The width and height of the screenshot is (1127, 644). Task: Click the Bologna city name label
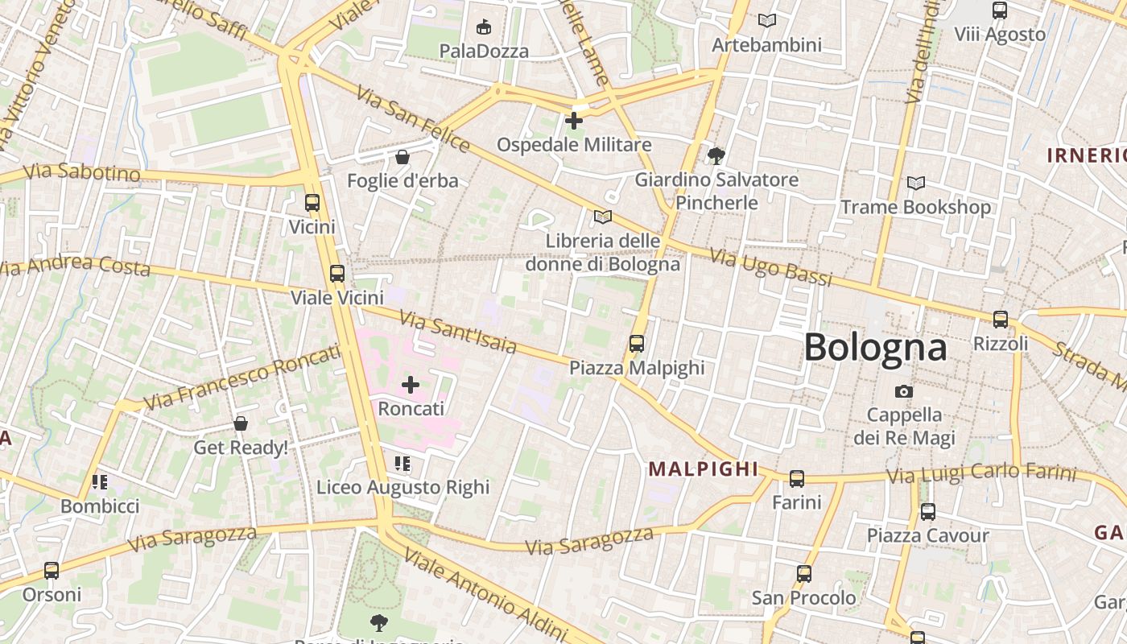click(875, 347)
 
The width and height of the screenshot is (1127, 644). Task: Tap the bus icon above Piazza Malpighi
click(637, 344)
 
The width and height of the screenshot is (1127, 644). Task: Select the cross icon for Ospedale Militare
click(574, 121)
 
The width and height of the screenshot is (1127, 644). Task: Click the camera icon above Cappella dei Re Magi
click(904, 391)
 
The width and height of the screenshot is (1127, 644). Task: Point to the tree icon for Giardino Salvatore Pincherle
click(716, 155)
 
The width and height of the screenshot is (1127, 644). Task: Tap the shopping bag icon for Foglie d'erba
click(402, 156)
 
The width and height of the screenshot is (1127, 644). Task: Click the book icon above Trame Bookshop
click(916, 183)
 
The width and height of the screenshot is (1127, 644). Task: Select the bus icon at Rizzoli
click(1001, 320)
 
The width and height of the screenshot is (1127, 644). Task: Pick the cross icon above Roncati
click(411, 385)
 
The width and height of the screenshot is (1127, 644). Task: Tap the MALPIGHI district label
click(704, 469)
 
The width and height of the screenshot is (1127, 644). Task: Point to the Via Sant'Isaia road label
click(457, 332)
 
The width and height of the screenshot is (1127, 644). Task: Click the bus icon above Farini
click(797, 479)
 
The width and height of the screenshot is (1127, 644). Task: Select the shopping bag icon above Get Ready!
click(240, 423)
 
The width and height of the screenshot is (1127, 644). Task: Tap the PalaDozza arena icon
click(484, 27)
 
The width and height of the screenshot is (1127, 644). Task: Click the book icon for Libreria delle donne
click(603, 217)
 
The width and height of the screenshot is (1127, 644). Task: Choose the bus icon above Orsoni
click(52, 571)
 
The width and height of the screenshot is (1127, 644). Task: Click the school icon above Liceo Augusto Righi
click(402, 463)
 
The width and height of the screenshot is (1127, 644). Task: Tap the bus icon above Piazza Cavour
click(928, 511)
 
